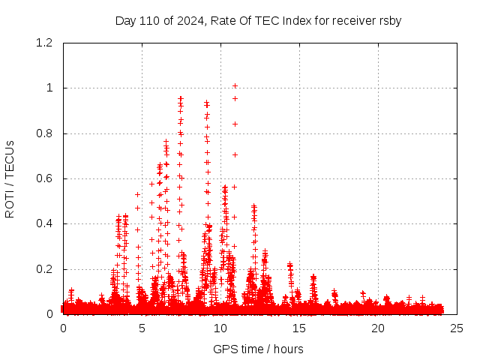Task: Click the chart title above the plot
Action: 258,20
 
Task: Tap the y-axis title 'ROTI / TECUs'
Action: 10,178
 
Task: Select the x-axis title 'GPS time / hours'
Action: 258,349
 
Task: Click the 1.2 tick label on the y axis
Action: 43,43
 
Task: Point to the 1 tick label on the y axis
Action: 49,88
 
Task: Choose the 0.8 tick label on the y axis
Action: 43,133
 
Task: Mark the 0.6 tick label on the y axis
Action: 43,178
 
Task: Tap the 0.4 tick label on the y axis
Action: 43,223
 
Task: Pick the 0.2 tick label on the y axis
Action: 43,269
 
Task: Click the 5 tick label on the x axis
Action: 142,328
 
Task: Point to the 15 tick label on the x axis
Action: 299,328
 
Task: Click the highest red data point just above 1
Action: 235,85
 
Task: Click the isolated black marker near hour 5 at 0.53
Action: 137,194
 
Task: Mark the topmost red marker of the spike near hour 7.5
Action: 181,97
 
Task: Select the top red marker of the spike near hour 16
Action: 313,276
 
